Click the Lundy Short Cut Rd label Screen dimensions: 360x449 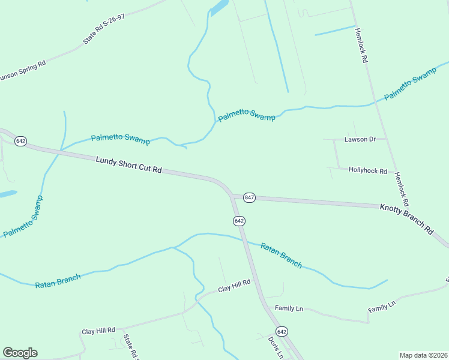[129, 165]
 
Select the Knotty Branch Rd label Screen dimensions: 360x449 [406, 218]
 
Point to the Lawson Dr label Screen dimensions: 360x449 [360, 139]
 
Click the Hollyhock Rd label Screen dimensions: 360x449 [368, 170]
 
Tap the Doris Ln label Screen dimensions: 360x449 [275, 346]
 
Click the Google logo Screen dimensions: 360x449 [20, 353]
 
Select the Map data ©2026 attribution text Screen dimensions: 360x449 [424, 355]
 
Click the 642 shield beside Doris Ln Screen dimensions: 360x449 [282, 331]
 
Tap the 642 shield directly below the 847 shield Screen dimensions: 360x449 [239, 221]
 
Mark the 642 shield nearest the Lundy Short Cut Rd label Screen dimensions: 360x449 [21, 141]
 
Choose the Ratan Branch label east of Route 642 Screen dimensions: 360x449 [282, 254]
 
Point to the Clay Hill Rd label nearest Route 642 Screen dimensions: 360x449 [234, 289]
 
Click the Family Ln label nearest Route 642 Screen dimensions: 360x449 [289, 308]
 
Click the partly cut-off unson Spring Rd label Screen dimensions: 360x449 [23, 71]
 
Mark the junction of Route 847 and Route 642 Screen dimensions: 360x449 [233, 197]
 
